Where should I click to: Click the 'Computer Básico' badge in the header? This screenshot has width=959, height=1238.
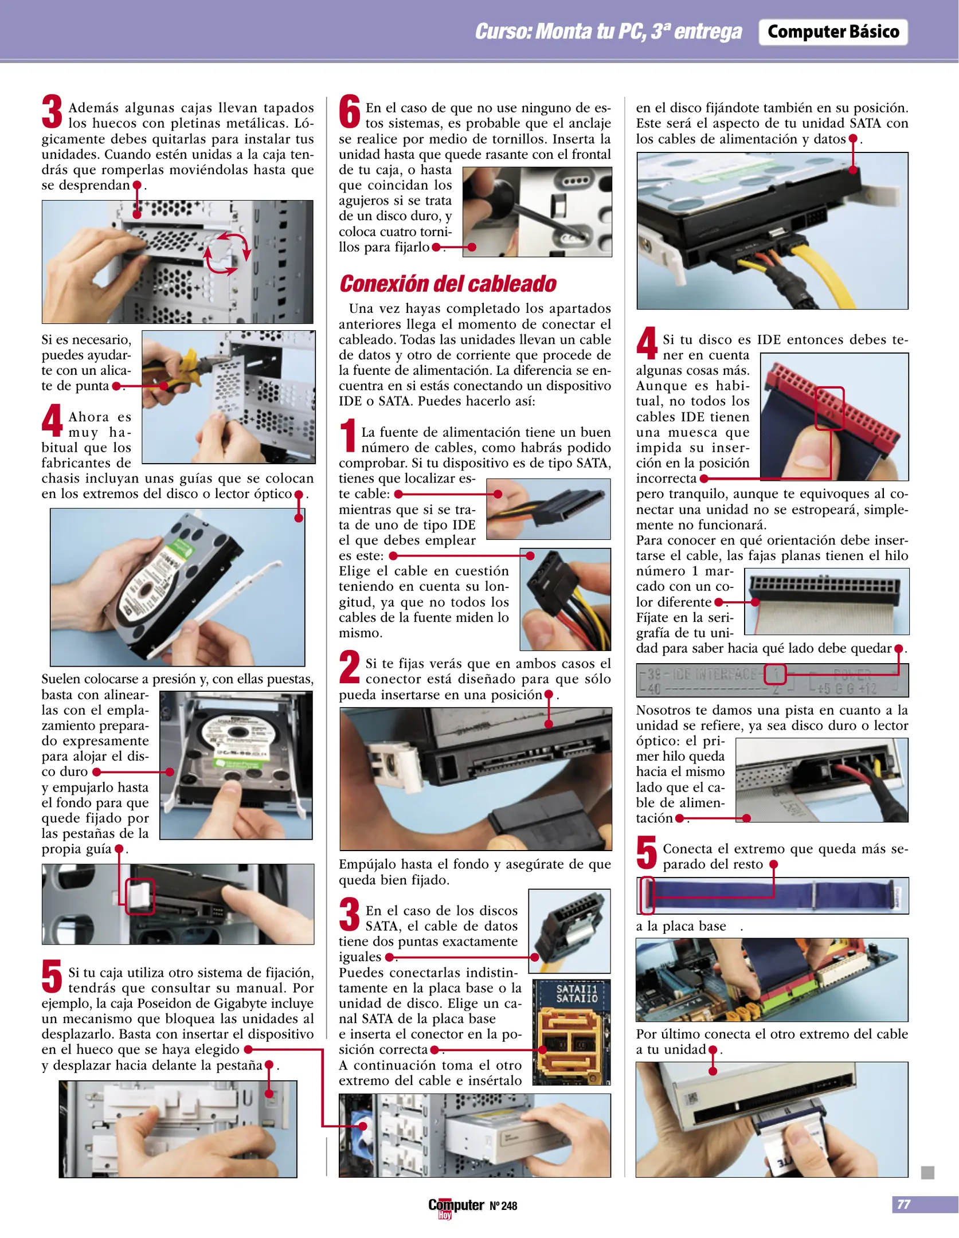833,32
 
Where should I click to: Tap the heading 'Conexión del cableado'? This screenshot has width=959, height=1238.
448,284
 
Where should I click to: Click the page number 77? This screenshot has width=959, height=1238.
903,1204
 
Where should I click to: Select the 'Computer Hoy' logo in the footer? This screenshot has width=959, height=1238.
456,1207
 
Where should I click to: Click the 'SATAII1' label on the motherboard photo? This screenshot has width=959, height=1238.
576,989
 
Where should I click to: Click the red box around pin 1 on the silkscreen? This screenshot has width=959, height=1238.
774,675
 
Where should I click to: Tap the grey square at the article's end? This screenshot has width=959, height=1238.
927,1172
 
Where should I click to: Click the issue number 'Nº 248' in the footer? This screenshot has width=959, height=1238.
503,1206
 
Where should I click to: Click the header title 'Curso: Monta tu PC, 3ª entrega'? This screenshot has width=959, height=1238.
608,32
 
